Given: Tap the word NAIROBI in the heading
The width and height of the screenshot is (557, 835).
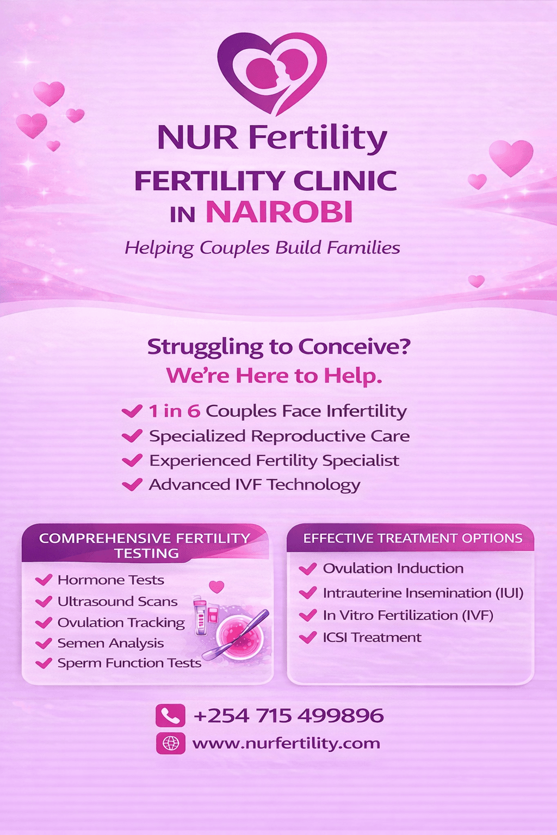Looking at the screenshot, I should tap(280, 212).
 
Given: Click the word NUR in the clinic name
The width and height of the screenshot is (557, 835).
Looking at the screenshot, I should tap(197, 138).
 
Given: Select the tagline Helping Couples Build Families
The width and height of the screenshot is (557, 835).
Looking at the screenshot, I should tap(262, 248).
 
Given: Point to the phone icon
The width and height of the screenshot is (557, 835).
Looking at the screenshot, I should tap(170, 715).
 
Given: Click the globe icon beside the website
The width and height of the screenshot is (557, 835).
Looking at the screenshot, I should tap(170, 743).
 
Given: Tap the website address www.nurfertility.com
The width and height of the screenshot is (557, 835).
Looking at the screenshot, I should tap(286, 743).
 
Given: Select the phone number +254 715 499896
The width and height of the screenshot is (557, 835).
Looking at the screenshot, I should tap(288, 715).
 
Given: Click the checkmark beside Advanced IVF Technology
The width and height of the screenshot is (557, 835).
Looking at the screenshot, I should tap(132, 484).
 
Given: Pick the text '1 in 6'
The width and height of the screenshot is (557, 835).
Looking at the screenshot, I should tap(175, 411).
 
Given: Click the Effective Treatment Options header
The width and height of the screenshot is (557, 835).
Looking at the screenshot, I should tap(412, 538).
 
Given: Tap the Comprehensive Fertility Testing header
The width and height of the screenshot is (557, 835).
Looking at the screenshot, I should tap(145, 545).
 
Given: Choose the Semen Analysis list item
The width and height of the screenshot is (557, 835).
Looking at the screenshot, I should tap(110, 643).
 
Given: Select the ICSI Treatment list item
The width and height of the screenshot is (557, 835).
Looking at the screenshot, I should tap(372, 637).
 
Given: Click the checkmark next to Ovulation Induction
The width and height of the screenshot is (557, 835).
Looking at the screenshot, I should tap(308, 569).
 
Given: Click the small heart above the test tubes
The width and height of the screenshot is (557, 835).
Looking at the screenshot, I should tap(216, 587).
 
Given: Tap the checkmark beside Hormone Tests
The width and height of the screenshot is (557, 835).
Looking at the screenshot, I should tap(44, 580).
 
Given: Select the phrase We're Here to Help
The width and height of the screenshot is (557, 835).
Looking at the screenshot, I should tap(274, 376).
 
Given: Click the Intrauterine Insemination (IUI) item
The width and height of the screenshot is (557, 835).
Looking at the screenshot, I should tap(423, 593).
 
